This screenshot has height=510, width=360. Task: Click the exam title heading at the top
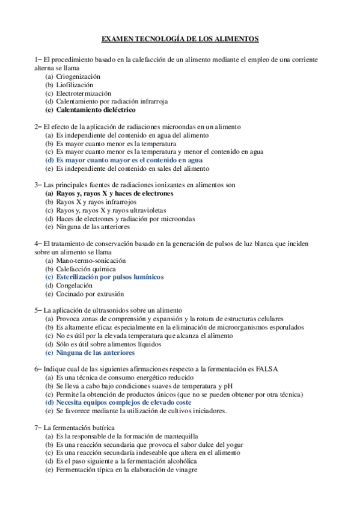180,39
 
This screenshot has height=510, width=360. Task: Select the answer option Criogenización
78,77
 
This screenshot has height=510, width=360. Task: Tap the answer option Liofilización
75,85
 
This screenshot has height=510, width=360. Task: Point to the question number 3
37,186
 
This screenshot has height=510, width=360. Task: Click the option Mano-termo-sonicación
91,261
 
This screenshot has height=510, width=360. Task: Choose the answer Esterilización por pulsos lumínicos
109,278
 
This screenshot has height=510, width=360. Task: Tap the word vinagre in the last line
186,470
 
